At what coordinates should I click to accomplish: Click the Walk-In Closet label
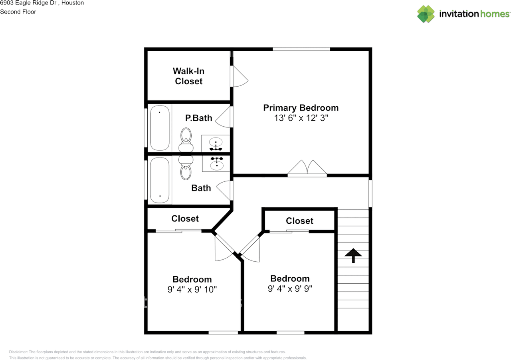[188, 76]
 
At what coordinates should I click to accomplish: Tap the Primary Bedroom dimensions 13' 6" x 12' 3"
[301, 118]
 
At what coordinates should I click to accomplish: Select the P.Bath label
[198, 118]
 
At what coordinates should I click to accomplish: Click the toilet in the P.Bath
[186, 140]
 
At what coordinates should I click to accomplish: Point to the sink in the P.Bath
[216, 144]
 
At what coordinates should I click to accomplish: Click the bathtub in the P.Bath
[160, 128]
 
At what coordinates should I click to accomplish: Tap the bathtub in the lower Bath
[160, 180]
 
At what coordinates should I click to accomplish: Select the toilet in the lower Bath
[186, 168]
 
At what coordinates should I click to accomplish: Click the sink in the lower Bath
[216, 164]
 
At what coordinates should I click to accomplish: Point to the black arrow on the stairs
[353, 255]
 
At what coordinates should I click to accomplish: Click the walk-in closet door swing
[239, 76]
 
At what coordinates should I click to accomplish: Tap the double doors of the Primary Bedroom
[307, 168]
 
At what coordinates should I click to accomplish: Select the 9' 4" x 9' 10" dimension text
[192, 289]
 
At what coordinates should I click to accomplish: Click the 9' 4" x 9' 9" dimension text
[290, 288]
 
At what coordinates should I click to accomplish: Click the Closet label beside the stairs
[299, 221]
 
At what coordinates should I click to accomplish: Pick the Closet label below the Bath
[185, 219]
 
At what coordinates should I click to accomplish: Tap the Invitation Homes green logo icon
[426, 14]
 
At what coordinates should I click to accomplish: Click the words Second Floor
[18, 12]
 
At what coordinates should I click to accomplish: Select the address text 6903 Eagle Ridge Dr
[28, 3]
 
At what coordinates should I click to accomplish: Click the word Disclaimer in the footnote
[18, 352]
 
